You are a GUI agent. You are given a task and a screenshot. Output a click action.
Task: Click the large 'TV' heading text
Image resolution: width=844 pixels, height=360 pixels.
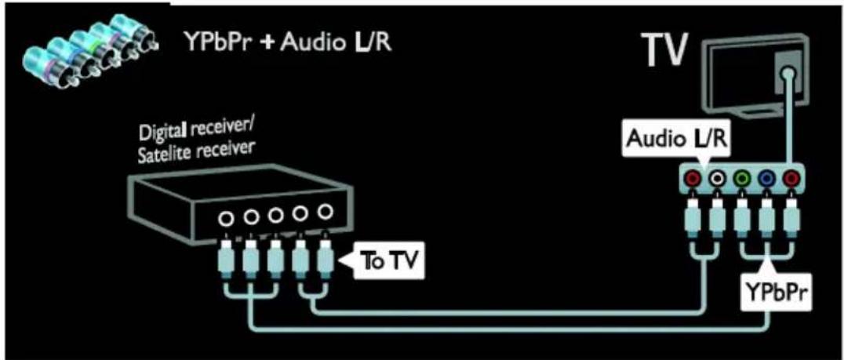pos(667,50)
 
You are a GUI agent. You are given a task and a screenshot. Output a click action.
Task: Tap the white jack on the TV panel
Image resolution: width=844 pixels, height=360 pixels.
pos(717,177)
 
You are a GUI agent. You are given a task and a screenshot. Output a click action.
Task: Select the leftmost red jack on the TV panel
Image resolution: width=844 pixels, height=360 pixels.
pos(694,177)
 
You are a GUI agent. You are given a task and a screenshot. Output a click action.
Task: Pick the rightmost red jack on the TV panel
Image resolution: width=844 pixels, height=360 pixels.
pos(788,177)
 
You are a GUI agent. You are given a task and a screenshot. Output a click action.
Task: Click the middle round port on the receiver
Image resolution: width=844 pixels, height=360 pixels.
pos(275,215)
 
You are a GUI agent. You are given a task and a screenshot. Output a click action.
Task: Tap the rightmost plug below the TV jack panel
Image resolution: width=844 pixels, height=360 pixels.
pos(788,220)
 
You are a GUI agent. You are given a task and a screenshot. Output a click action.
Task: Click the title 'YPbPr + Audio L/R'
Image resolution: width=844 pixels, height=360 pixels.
pos(286,41)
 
